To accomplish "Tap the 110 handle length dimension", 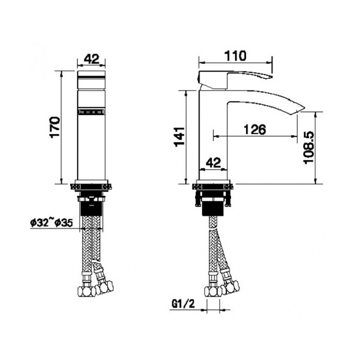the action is click(235, 56).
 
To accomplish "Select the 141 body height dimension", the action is click(179, 137).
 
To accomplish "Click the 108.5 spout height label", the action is click(308, 148).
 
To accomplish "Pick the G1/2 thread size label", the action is click(183, 304).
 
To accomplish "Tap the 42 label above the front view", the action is click(91, 59).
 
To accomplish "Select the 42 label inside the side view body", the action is click(213, 163).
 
